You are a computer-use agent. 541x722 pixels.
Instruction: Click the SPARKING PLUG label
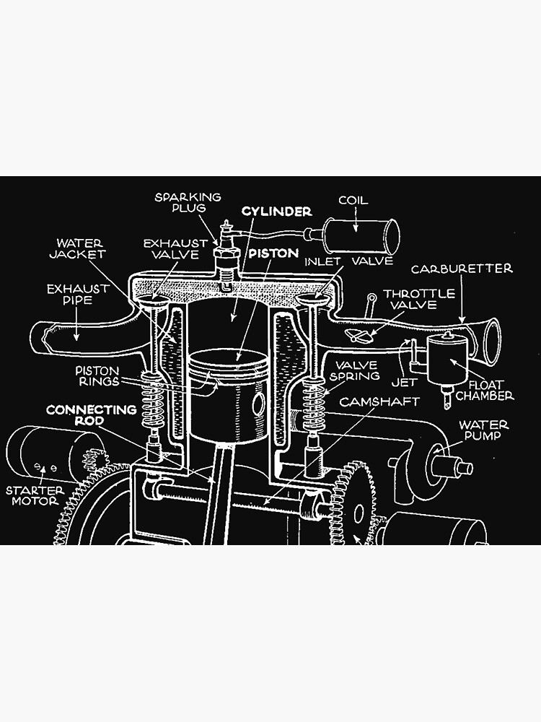[x=187, y=202]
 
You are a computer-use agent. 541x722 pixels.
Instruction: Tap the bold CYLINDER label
[x=276, y=212]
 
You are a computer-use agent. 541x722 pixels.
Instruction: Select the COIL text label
[x=353, y=200]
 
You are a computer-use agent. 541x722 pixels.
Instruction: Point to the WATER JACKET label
[x=80, y=248]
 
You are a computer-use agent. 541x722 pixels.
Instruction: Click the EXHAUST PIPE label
[x=78, y=294]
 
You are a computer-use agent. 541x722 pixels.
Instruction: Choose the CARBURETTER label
[x=462, y=269]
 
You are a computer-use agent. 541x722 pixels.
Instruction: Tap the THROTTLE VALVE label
[x=419, y=299]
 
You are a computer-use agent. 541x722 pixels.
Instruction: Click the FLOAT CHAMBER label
[x=490, y=390]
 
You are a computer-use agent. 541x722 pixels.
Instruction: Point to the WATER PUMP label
[x=484, y=430]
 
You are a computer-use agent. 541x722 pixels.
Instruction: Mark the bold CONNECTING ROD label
[x=91, y=415]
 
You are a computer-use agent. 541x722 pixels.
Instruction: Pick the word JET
[x=405, y=383]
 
